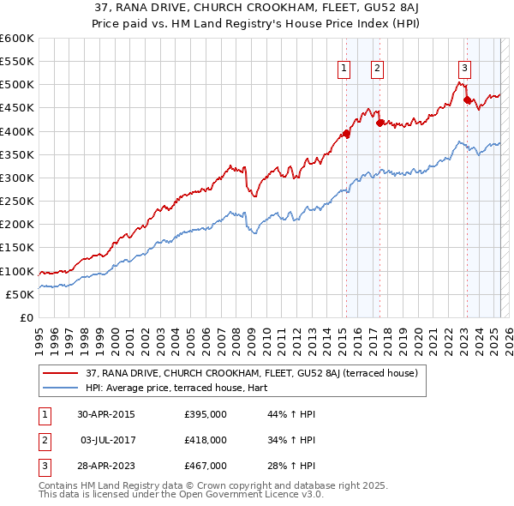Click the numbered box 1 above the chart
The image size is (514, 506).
point(344,69)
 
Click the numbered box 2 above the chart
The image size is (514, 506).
point(377,69)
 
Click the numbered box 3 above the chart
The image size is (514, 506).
point(463,69)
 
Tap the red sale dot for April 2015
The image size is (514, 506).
point(347,133)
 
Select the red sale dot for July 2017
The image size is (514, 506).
point(380,123)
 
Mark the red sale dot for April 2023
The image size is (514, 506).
point(467,100)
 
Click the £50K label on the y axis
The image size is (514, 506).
point(20,294)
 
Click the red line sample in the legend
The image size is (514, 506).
point(60,373)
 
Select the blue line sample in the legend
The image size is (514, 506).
point(60,388)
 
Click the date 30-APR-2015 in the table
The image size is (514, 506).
point(105,414)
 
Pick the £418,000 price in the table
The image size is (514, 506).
point(205,440)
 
